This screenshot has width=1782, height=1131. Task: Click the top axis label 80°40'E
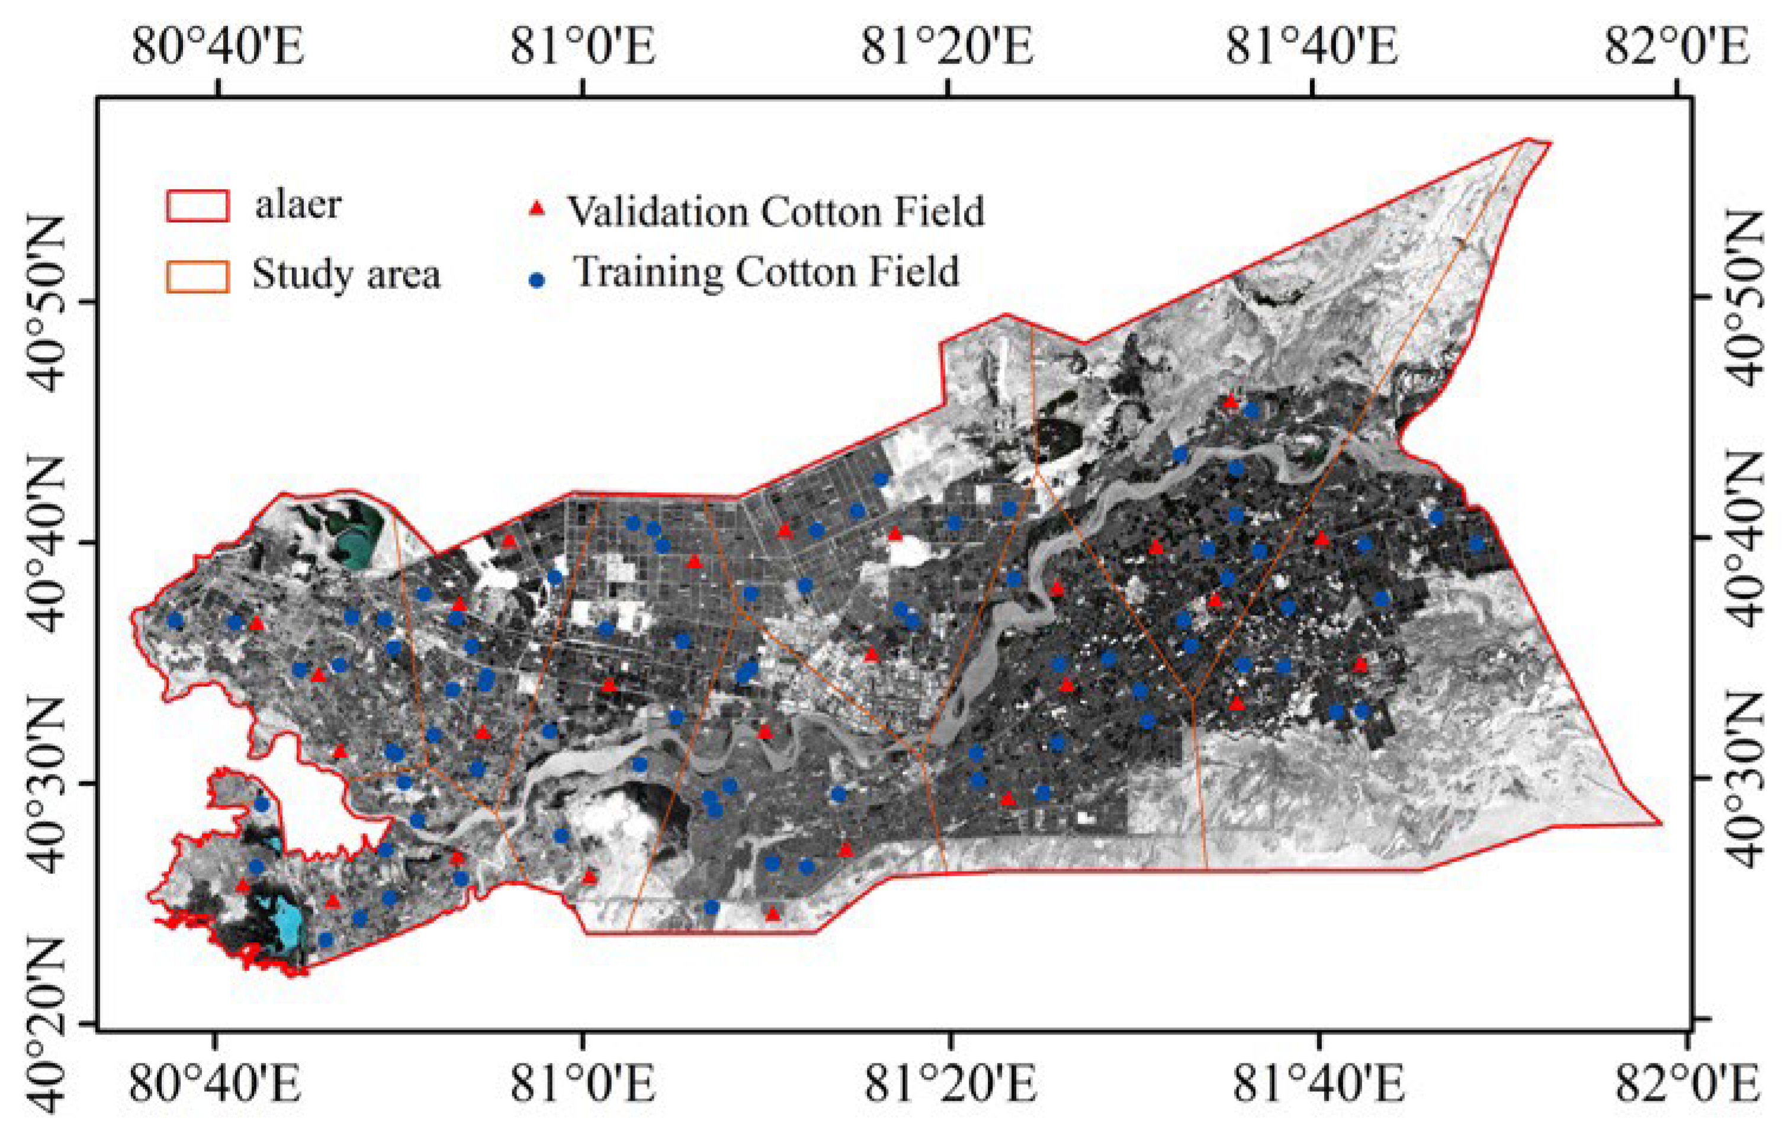(217, 46)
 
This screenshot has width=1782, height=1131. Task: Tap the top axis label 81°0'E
(583, 46)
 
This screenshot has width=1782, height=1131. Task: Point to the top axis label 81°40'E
(1312, 46)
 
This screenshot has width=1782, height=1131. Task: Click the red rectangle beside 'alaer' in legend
(197, 205)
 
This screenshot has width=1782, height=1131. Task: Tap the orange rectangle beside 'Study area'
(197, 276)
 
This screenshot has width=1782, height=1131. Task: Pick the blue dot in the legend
(538, 280)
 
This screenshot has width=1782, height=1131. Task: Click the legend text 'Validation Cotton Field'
(776, 211)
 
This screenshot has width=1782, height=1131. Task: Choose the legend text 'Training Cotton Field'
(767, 272)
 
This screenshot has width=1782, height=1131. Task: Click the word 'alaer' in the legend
(297, 205)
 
